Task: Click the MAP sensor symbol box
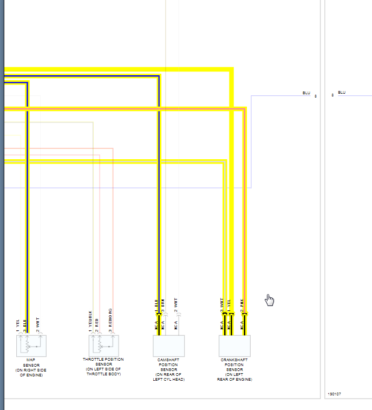(31, 346)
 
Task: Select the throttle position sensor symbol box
(103, 346)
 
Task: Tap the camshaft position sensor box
(169, 346)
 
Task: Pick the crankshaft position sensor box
(234, 346)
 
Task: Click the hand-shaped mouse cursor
(270, 300)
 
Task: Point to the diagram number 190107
(335, 394)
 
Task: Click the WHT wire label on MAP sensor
(38, 322)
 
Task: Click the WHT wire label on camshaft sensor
(176, 304)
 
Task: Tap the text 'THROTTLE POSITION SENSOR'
(103, 362)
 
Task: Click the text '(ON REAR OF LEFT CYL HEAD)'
(169, 377)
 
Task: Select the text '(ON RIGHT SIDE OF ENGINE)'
(31, 372)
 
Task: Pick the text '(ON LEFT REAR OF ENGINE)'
(234, 377)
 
